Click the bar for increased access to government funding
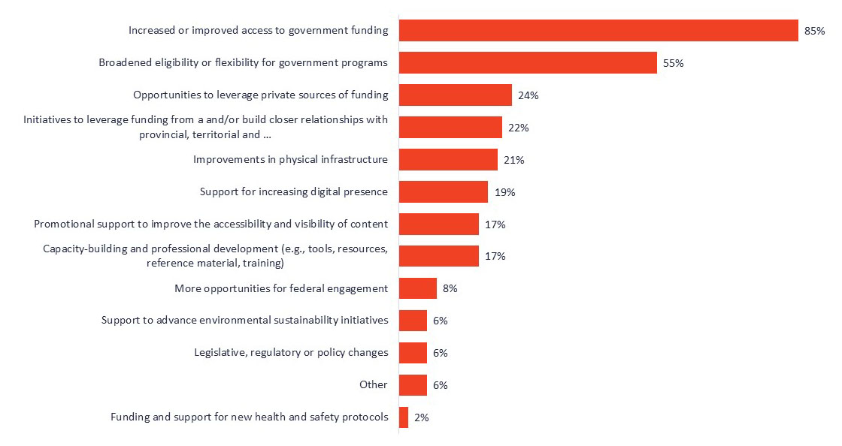(x=598, y=31)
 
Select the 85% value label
(x=814, y=32)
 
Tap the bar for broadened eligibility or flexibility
(x=528, y=63)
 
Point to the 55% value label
(x=673, y=64)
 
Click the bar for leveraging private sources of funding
(x=455, y=95)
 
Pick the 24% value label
(x=528, y=96)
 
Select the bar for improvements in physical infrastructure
(x=448, y=159)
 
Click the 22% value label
(x=518, y=128)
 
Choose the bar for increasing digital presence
(x=443, y=191)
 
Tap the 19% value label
(x=504, y=193)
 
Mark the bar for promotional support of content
(x=438, y=224)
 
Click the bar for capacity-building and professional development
(x=438, y=256)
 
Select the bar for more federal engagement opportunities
(x=417, y=288)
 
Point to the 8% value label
(x=450, y=289)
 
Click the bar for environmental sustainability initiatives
(x=413, y=321)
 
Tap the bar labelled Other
(x=413, y=385)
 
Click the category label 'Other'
(x=374, y=385)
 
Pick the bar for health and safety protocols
(x=404, y=417)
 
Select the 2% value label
(x=421, y=418)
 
